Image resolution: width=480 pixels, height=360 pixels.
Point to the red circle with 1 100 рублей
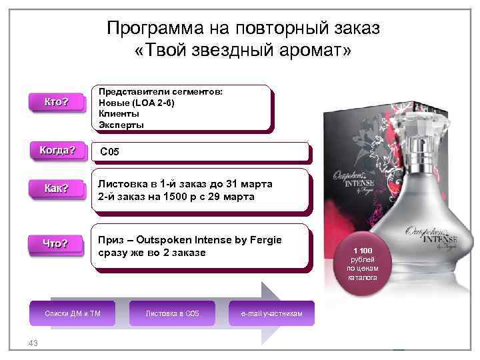(x=362, y=263)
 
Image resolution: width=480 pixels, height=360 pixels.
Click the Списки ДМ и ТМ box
(x=72, y=313)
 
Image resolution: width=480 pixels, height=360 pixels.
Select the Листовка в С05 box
(x=172, y=313)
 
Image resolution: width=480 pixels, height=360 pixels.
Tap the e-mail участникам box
(x=271, y=313)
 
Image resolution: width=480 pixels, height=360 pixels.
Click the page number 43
(x=32, y=343)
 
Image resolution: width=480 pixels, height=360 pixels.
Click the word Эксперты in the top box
(x=121, y=125)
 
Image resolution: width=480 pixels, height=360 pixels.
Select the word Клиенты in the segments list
(x=119, y=114)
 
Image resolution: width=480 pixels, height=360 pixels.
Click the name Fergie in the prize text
(x=264, y=240)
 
